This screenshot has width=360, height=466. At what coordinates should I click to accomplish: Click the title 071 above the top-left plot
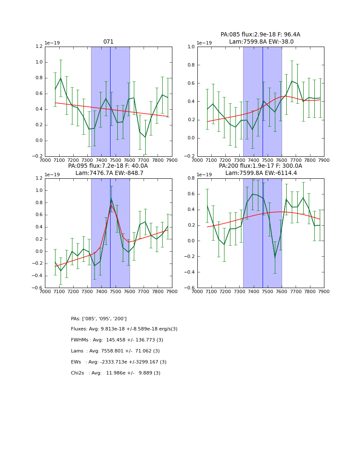pyautogui.click(x=108, y=42)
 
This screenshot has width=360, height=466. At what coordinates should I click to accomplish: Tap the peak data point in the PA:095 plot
pyautogui.click(x=111, y=198)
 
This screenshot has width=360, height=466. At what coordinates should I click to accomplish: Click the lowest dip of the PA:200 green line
pyautogui.click(x=275, y=257)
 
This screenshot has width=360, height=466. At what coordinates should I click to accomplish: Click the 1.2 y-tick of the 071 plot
pyautogui.click(x=39, y=47)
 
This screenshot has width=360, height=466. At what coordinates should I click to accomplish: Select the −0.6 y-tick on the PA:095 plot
pyautogui.click(x=37, y=288)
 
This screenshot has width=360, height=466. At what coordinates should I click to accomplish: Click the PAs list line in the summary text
pyautogui.click(x=99, y=319)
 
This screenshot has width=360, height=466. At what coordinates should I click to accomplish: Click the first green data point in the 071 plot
pyautogui.click(x=55, y=90)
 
